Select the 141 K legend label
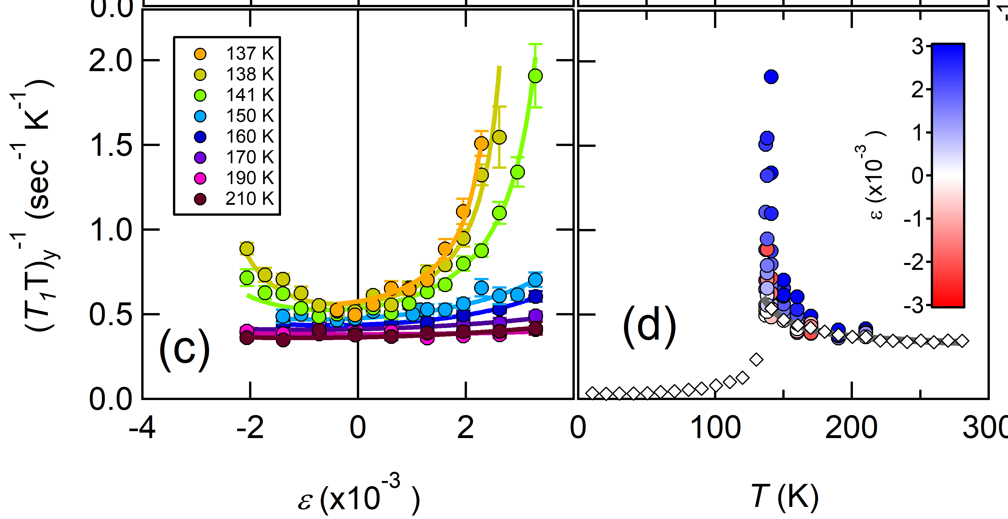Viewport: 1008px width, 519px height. (250, 95)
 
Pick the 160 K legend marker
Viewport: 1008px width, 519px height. (200, 137)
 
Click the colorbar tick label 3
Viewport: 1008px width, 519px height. (917, 47)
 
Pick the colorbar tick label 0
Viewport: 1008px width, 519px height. (917, 176)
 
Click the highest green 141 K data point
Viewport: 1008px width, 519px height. (535, 76)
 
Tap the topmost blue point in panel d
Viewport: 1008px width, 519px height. (771, 77)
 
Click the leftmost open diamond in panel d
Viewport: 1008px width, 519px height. (592, 393)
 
